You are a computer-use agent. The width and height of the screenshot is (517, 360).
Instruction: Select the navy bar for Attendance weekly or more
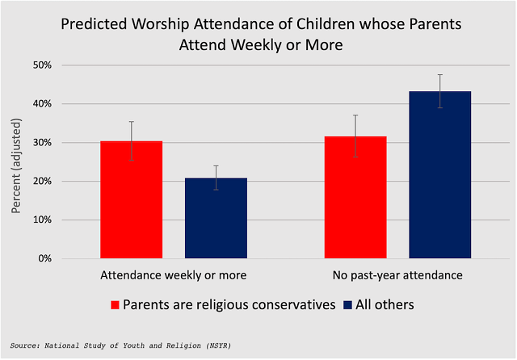[216, 218]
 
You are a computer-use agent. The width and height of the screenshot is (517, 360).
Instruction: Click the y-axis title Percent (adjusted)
[17, 162]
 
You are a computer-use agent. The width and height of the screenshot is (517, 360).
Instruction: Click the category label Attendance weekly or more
[173, 275]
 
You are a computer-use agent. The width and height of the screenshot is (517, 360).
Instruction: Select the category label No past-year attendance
[397, 275]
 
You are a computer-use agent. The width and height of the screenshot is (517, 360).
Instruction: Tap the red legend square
[115, 305]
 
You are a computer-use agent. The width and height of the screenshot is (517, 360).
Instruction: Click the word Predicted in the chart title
[94, 24]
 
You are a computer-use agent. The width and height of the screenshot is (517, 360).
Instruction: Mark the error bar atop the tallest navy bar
[439, 90]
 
